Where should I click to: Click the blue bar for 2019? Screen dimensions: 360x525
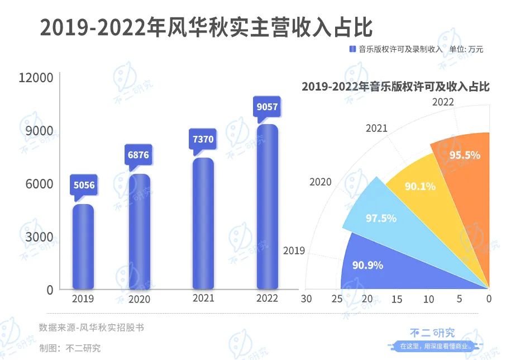pyautogui.click(x=83, y=246)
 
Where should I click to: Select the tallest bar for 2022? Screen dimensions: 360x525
pyautogui.click(x=267, y=207)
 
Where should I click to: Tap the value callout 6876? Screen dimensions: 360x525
pyautogui.click(x=139, y=154)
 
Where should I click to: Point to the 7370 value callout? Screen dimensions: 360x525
pyautogui.click(x=203, y=139)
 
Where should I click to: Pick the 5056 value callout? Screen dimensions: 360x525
pyautogui.click(x=83, y=185)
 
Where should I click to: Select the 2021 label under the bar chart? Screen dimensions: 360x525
pyautogui.click(x=203, y=299)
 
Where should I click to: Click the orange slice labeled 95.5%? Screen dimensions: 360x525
pyautogui.click(x=464, y=168)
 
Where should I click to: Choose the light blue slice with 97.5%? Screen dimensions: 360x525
pyautogui.click(x=380, y=215)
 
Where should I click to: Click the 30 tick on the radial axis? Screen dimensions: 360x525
pyautogui.click(x=306, y=299)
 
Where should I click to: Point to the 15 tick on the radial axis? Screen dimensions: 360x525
pyautogui.click(x=397, y=299)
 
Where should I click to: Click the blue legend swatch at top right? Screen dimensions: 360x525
pyautogui.click(x=352, y=49)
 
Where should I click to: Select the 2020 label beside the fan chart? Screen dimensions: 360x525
pyautogui.click(x=321, y=182)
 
